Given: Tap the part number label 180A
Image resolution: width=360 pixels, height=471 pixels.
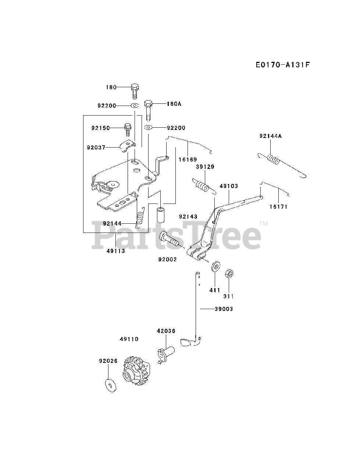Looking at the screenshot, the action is point(174,104).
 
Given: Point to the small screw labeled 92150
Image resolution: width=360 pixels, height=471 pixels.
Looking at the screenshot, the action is point(128,128).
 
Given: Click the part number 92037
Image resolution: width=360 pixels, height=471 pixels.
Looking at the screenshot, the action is point(96,147).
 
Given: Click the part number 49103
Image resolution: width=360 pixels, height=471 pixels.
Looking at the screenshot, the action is point(229,186).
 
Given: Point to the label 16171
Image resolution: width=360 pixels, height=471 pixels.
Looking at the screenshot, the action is point(278,206).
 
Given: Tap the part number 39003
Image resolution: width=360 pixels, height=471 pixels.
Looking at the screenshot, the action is point(224,309).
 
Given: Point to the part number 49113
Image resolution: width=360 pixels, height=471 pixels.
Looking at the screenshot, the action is point(115,251).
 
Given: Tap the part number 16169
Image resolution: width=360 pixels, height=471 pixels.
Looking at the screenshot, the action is point(188,160).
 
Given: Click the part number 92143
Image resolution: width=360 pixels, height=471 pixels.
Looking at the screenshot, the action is point(188,216).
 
